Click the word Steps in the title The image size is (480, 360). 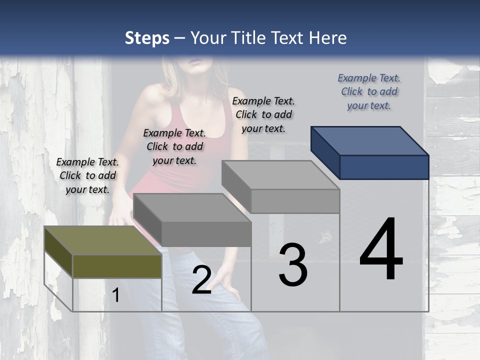click(x=147, y=38)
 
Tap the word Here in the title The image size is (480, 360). click(x=328, y=38)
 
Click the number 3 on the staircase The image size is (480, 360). click(x=292, y=264)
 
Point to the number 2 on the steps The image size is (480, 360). click(x=201, y=280)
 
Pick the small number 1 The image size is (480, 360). click(x=116, y=295)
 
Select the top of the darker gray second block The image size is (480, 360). click(x=192, y=208)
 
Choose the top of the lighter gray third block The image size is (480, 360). click(x=280, y=175)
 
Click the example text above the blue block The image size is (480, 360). click(x=369, y=92)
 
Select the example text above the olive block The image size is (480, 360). click(x=87, y=175)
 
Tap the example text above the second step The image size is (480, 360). click(x=174, y=146)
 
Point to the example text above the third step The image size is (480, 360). click(x=263, y=114)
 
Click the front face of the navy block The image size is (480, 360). click(x=384, y=167)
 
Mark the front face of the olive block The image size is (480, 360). click(x=117, y=266)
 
